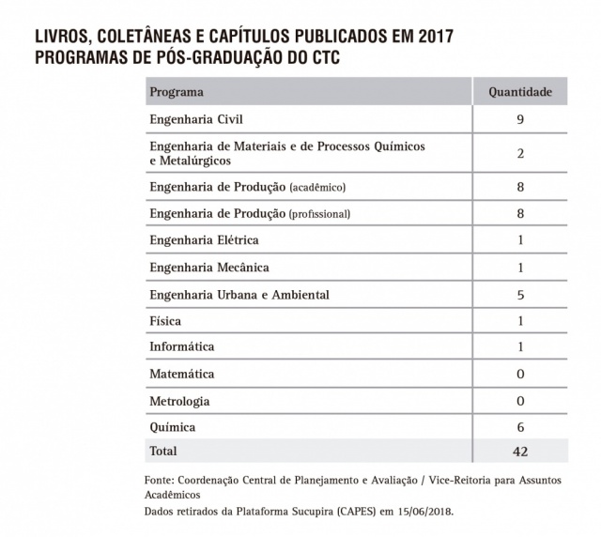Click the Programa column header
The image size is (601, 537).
point(177,92)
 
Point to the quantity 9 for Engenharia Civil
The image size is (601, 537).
point(519,119)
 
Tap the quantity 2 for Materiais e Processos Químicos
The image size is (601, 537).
point(519,153)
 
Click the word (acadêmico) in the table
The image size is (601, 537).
point(317,187)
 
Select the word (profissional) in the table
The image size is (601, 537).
point(319,213)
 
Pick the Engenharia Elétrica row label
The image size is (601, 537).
point(204,240)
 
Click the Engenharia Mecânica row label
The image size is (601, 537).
point(209,268)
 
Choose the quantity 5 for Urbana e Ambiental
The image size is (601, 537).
point(519,295)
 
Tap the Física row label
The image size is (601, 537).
point(165,321)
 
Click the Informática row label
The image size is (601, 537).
point(182,347)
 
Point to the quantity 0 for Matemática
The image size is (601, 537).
point(519,374)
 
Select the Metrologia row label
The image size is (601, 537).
point(179,401)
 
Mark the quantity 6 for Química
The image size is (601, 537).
point(519,427)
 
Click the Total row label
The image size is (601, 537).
point(163,452)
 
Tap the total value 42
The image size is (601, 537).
point(519,452)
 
